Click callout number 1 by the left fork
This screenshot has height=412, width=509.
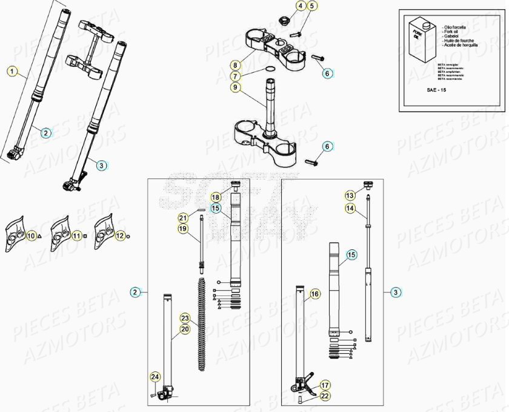(12, 71)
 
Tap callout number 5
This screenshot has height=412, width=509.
(312, 6)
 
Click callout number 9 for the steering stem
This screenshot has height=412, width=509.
(236, 87)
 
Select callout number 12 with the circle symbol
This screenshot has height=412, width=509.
(120, 235)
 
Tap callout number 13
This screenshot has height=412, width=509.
(350, 195)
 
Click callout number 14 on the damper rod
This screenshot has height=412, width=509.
(350, 208)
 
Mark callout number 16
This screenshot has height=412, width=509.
(314, 294)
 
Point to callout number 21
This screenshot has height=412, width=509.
(184, 217)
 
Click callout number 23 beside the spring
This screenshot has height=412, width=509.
(185, 318)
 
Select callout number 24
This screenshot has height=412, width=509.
(155, 377)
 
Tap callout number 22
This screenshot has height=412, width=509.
(325, 396)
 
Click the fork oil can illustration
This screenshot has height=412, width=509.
(425, 41)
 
